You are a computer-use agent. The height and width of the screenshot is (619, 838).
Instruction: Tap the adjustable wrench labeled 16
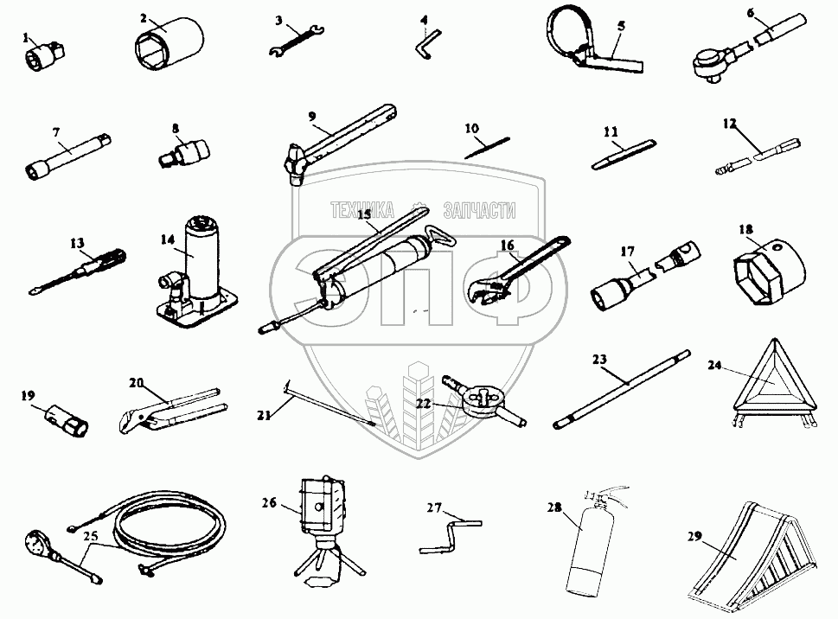(511, 277)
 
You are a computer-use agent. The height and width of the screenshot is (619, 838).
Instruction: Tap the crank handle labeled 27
(449, 534)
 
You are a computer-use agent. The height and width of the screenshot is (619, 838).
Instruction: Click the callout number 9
(312, 115)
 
